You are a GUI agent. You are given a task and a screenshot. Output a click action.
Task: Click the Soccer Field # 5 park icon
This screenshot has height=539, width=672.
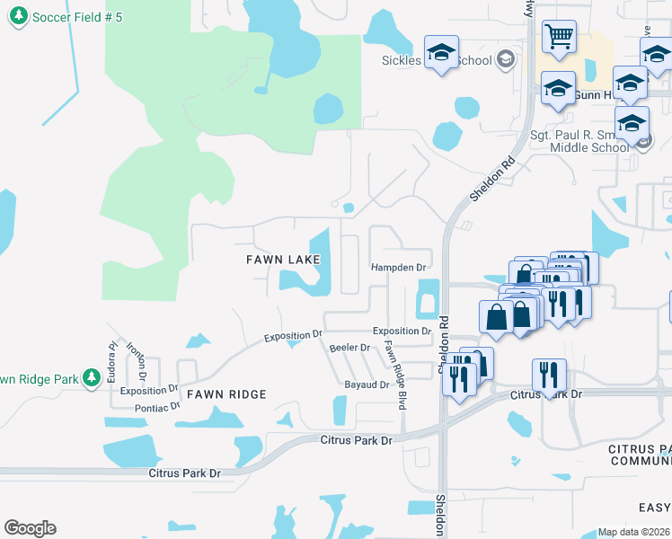click(18, 17)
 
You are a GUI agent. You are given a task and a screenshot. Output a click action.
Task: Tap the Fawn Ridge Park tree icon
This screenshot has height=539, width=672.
click(91, 379)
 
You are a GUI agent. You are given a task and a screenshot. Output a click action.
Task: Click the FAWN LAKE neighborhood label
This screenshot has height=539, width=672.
click(283, 260)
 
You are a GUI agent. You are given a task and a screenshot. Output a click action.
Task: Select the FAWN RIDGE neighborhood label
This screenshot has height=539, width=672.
click(226, 394)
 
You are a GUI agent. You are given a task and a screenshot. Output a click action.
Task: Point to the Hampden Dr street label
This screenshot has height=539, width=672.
click(398, 267)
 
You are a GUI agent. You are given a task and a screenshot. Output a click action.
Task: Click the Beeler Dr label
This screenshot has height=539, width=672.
click(350, 347)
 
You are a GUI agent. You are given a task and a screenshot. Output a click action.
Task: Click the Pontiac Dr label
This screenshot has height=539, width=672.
click(157, 406)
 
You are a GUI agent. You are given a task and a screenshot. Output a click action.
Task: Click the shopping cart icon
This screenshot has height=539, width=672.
click(559, 37)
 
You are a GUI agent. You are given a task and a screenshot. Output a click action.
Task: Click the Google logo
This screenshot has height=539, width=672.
click(30, 528)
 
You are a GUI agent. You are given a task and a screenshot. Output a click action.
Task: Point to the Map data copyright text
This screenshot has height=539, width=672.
click(633, 532)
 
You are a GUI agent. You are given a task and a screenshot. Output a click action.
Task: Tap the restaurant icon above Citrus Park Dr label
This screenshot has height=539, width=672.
click(549, 376)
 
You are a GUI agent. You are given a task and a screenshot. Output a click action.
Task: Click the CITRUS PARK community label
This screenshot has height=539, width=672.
click(639, 455)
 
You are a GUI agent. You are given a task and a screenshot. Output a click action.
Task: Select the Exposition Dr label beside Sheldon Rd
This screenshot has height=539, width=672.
click(402, 331)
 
